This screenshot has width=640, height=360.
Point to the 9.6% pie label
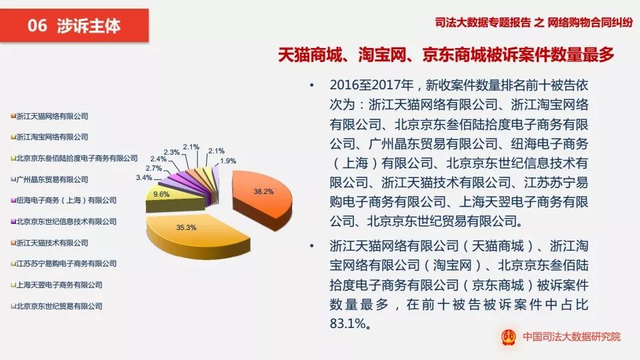click(x=160, y=194)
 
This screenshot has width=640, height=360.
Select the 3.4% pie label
click(x=143, y=178)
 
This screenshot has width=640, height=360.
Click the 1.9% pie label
click(x=228, y=161)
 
